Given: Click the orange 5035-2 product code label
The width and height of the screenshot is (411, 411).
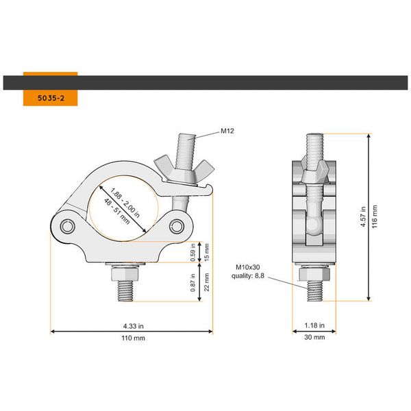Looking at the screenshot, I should (49, 97).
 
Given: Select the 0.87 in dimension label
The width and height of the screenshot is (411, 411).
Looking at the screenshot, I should (194, 282).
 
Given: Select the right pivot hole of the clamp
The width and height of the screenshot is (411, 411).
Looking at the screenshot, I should (178, 227).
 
